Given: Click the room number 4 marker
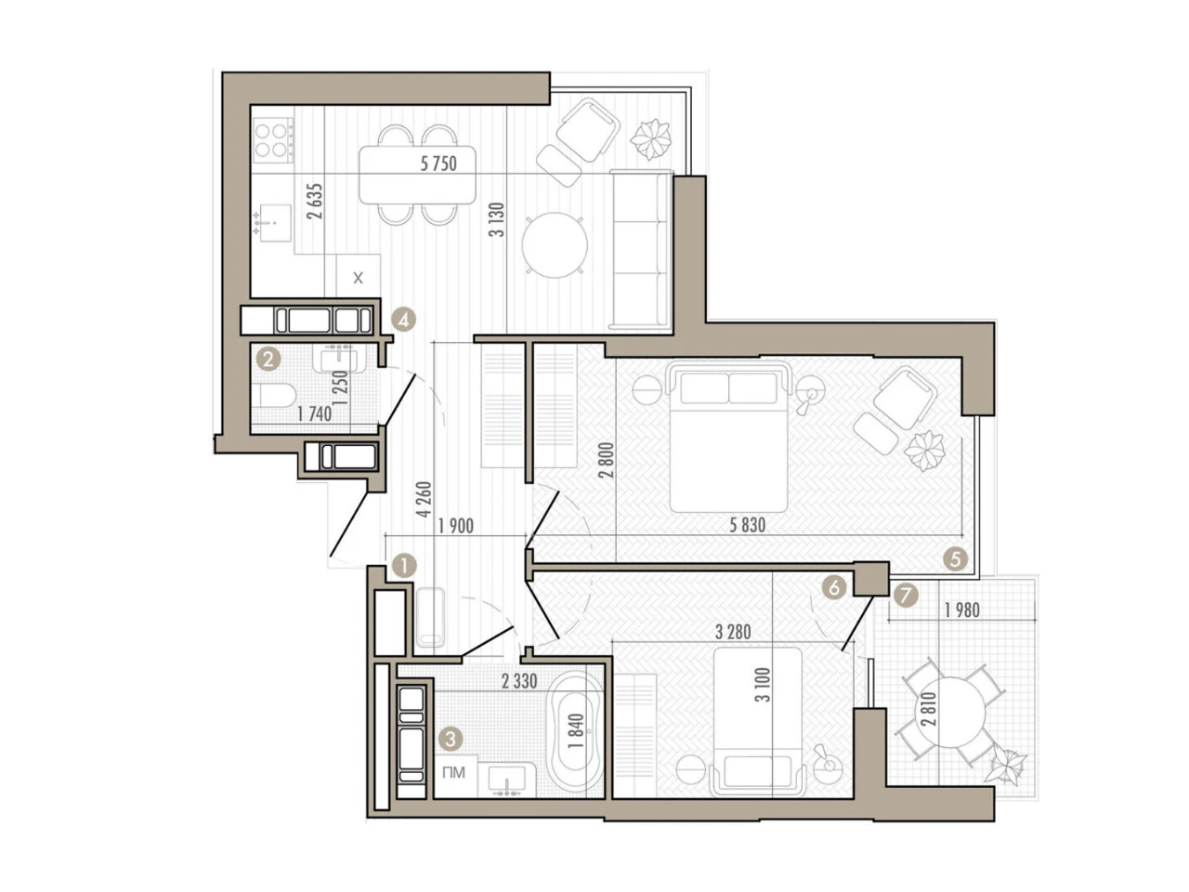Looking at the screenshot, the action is coord(403,320).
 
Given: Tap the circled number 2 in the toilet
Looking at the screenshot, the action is coord(268,359).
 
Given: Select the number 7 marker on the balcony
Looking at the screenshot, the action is coord(907,597).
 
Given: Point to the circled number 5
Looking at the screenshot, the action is coord(955,558).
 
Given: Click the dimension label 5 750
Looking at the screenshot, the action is coord(438,164).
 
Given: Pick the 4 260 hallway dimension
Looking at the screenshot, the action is coord(425,499).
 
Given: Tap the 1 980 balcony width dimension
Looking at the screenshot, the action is coord(961,610).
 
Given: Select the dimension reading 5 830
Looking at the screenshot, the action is coord(747,525).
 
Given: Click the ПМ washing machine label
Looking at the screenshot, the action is coord(453,772).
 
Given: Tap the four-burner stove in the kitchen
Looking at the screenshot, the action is coord(273,139).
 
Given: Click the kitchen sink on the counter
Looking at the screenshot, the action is coord(273,223).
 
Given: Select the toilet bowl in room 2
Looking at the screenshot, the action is coord(275,396).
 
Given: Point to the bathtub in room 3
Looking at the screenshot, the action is coord(575,732).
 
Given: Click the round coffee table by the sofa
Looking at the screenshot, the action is coord(555,244).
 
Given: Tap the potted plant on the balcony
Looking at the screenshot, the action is coord(1006,766).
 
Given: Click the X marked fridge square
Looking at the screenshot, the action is coord(358,276).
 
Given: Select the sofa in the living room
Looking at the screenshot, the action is coord(641,250).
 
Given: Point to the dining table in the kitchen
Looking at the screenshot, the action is coord(417,175).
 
